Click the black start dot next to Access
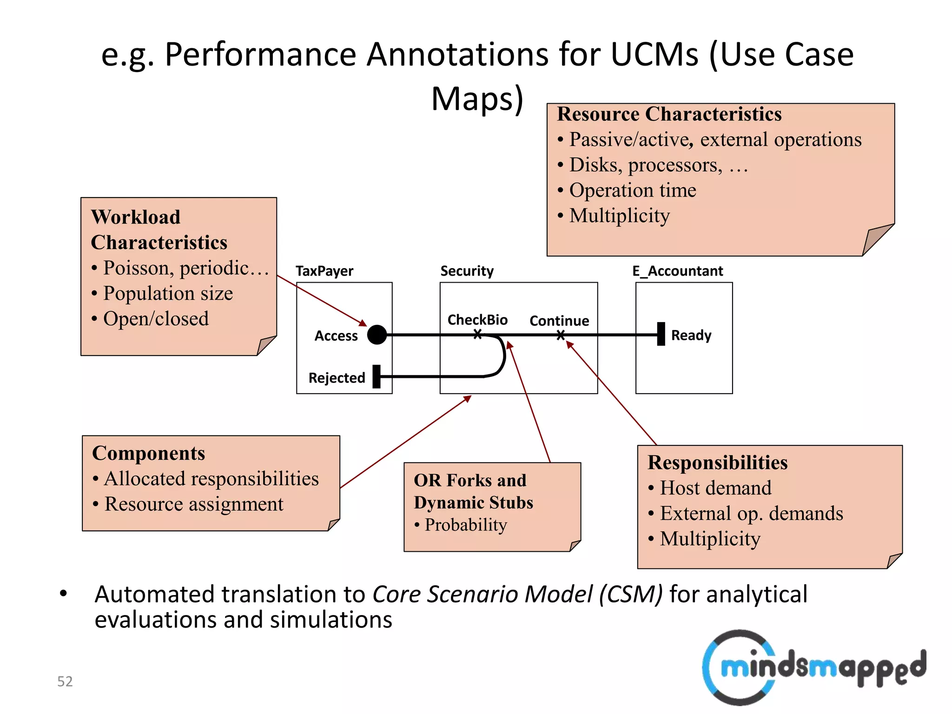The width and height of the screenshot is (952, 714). pos(377,335)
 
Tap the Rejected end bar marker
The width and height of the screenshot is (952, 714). pos(377,377)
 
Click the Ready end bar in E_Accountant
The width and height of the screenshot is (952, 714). pos(661,334)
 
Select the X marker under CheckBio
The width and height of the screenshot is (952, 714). pos(477,334)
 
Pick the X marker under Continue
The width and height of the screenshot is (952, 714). pos(561,335)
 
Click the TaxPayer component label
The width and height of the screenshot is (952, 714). pos(324,271)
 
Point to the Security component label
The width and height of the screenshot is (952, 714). pos(467,271)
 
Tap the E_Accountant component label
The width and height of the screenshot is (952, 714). pos(677,271)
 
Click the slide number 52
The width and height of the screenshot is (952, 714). pos(65,681)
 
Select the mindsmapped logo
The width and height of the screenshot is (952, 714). pos(813,668)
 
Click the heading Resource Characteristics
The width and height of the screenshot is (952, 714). pos(669,114)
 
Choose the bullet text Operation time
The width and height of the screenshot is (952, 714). pos(633,190)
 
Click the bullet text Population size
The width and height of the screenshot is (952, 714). pos(168,293)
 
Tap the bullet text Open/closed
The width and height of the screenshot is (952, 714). pos(156,319)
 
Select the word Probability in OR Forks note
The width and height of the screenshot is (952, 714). pos(465,525)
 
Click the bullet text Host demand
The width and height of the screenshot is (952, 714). pos(715,488)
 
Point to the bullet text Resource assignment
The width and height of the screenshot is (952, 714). pos(193,504)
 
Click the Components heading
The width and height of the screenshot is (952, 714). pos(148,453)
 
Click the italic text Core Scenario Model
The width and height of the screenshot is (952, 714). pos(517,595)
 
